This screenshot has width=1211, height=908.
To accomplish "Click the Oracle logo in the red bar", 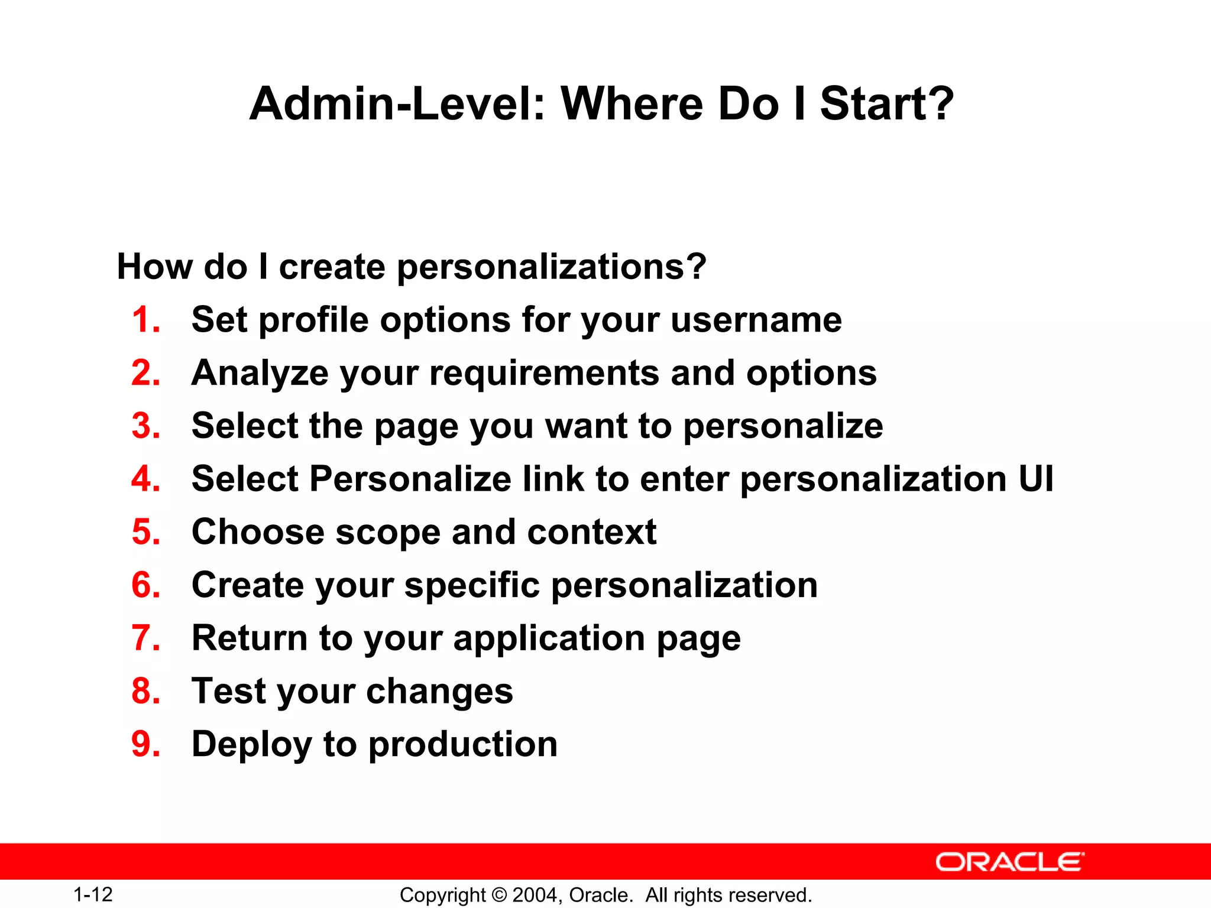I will click(1009, 862).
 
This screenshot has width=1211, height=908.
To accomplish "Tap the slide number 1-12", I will click(93, 894).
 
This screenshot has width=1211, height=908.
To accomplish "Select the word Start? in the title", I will click(887, 104).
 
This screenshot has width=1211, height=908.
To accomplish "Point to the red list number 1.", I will click(145, 320).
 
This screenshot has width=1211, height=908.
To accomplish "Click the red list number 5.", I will click(145, 532).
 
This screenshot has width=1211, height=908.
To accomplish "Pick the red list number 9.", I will click(145, 744).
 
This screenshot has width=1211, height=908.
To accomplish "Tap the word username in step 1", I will click(756, 320).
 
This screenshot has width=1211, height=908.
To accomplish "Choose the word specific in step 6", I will click(472, 586).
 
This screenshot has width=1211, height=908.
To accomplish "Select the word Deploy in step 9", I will click(252, 745).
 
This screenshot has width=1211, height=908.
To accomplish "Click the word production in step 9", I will click(463, 745).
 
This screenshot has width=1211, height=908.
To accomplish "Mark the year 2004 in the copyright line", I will click(535, 895).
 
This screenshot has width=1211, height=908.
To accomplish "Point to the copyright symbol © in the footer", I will click(499, 895).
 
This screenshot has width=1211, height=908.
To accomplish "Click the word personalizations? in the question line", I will click(552, 267).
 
